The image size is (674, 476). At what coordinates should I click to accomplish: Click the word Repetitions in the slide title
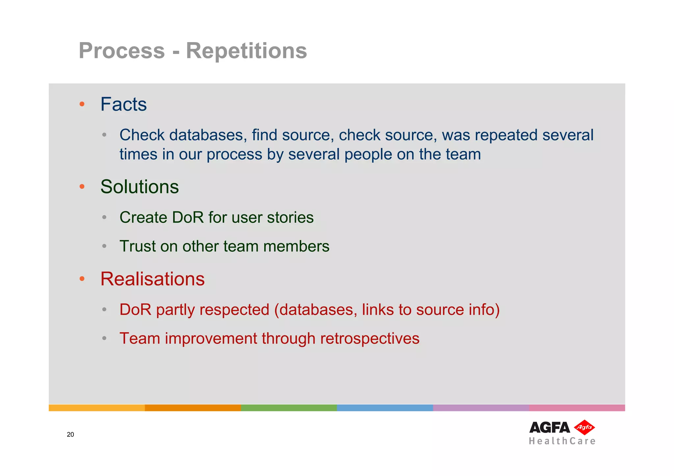point(246,51)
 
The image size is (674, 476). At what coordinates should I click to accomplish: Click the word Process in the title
point(121,51)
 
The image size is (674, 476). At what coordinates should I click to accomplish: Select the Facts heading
point(123,105)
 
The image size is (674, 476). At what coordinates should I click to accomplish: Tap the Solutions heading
point(140,187)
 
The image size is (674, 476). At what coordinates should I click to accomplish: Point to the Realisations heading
point(152,279)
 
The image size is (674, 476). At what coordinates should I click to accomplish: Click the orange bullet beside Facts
point(82,105)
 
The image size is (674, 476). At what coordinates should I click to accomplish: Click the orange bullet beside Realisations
point(82,279)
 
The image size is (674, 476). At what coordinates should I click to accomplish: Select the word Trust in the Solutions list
point(137,246)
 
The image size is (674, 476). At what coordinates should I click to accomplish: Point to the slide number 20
point(70,435)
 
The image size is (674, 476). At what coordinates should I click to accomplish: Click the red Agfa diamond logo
point(584,427)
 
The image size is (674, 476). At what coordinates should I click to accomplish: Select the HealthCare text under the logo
point(562,441)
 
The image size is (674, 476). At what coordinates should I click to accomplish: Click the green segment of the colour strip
point(289,408)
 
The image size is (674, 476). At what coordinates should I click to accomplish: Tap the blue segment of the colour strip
point(385,408)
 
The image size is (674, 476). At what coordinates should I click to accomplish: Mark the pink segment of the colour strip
point(577,408)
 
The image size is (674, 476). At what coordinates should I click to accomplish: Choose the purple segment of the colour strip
point(481,408)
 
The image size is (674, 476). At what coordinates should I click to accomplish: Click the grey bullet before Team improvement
point(104,338)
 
